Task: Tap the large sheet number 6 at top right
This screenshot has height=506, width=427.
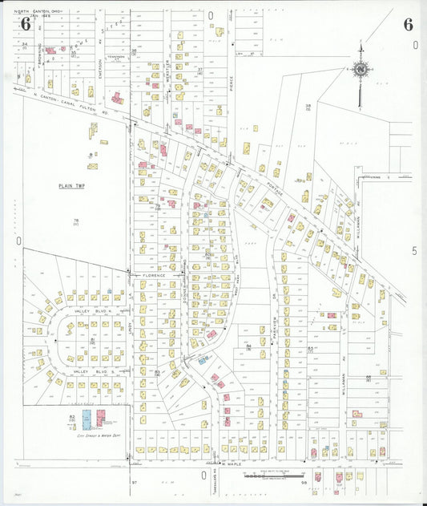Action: tap(408, 23)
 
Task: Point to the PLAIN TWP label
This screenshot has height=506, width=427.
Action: tap(71, 185)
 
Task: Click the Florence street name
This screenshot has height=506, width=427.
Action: tap(155, 275)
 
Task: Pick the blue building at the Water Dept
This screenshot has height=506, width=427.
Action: tap(87, 418)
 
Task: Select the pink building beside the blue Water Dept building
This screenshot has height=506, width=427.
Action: tap(103, 418)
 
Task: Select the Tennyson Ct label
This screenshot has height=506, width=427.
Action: tap(117, 57)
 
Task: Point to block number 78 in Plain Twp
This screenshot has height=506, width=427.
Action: tap(77, 221)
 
